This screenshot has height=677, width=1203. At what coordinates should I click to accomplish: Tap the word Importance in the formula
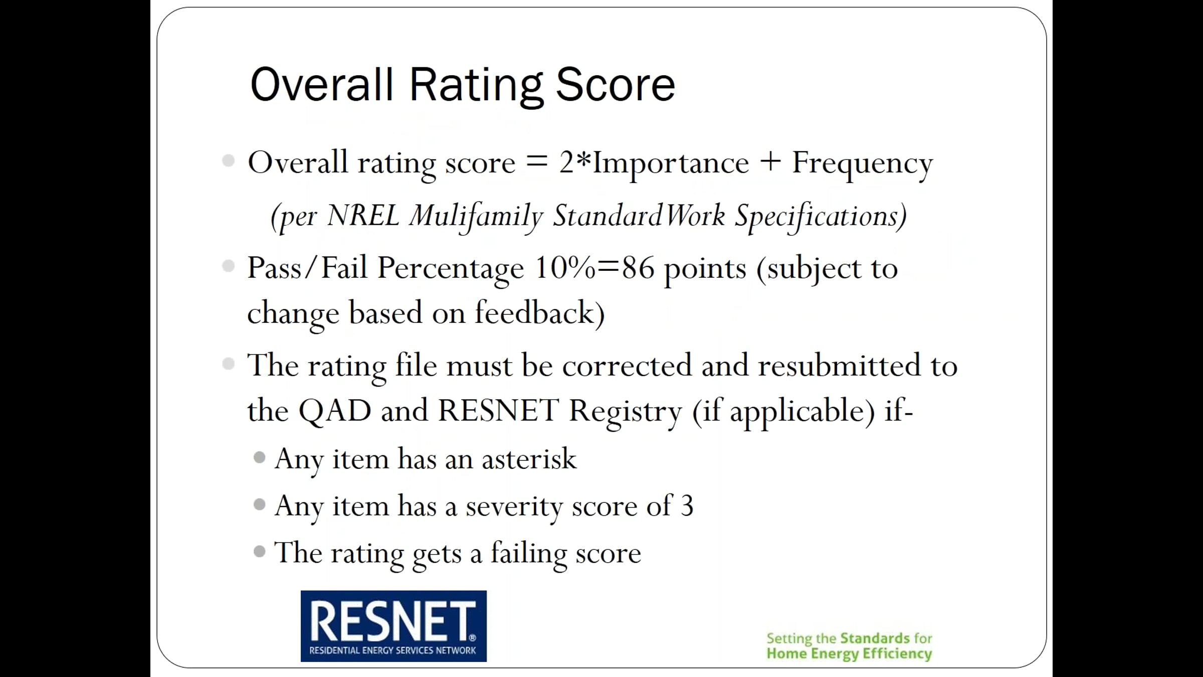pyautogui.click(x=671, y=163)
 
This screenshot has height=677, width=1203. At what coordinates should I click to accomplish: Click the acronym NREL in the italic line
pyautogui.click(x=363, y=216)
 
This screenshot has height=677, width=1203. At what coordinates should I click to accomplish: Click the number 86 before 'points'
pyautogui.click(x=638, y=268)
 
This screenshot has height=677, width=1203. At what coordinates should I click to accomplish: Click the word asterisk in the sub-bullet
pyautogui.click(x=529, y=458)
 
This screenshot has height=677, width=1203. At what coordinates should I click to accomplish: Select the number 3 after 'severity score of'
pyautogui.click(x=687, y=505)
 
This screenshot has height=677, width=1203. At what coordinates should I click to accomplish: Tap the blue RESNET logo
pyautogui.click(x=393, y=626)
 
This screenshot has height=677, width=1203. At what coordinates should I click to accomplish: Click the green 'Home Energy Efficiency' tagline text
pyautogui.click(x=849, y=654)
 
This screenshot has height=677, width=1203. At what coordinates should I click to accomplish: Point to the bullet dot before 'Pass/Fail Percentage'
pyautogui.click(x=229, y=266)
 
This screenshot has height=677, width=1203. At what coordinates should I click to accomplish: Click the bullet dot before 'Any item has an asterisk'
pyautogui.click(x=260, y=457)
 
